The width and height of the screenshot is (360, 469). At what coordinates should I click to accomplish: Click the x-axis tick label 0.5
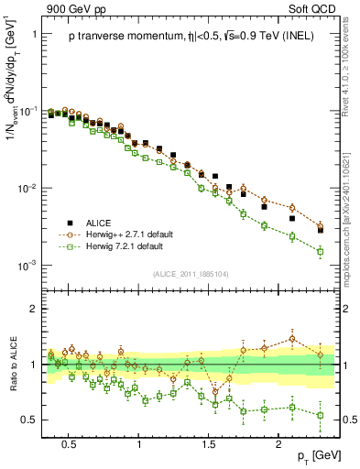point(68,443)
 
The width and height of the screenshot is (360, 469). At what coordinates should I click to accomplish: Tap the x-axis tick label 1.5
point(208,443)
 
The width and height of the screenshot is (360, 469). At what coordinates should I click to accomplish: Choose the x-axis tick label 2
point(279,443)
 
